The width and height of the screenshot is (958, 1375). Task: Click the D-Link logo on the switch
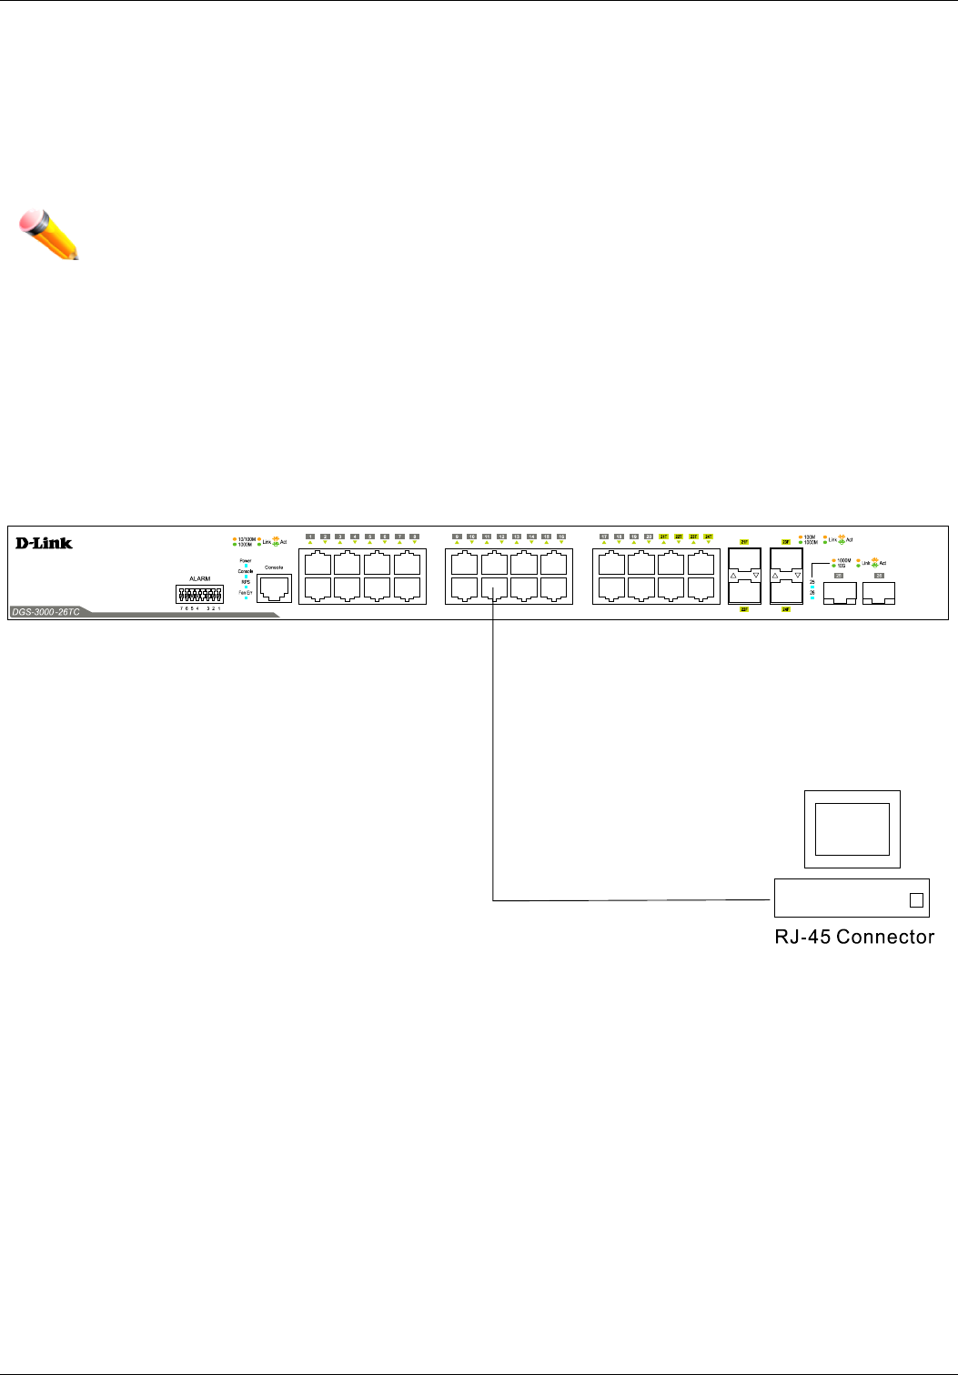click(44, 543)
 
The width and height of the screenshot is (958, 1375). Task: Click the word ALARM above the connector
click(200, 578)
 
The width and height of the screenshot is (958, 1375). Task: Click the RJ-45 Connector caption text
click(854, 937)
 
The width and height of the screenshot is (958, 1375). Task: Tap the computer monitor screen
click(852, 828)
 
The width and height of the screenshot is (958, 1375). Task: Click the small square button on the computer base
click(916, 899)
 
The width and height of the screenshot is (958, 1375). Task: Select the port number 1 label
click(310, 537)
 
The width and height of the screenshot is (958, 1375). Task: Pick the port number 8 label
click(414, 537)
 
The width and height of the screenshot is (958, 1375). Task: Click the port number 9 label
click(457, 537)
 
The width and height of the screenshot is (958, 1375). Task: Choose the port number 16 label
click(561, 537)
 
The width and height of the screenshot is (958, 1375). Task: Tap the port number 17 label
click(603, 537)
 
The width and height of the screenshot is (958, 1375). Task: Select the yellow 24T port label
click(708, 537)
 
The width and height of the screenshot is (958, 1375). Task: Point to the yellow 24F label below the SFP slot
click(786, 609)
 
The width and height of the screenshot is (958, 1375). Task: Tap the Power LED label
click(246, 561)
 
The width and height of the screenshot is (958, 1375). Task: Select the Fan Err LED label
click(246, 592)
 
